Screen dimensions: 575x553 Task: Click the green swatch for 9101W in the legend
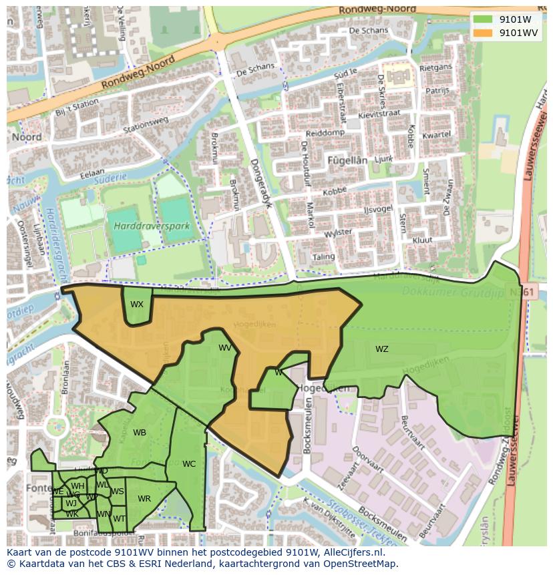coord(483,19)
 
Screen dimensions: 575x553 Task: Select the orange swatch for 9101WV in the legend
coord(483,33)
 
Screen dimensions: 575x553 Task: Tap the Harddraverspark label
coord(152,226)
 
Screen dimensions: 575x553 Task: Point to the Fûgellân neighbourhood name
coord(347,160)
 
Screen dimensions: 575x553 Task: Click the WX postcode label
coord(137,305)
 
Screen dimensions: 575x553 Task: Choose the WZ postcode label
coord(381,349)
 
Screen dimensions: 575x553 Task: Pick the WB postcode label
coord(140,433)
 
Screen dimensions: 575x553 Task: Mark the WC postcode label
coord(189,464)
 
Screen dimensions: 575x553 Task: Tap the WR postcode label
coord(144,499)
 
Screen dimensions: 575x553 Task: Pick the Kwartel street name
coord(437,135)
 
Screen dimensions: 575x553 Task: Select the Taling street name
coord(323,257)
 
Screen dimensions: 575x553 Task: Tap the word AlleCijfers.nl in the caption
coord(353,552)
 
